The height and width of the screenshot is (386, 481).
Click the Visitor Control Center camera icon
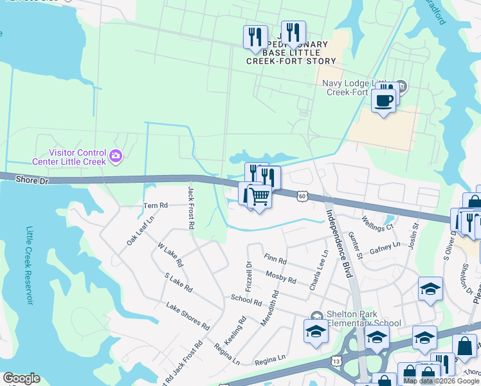click(x=116, y=155)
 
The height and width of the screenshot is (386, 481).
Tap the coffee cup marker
click(x=383, y=101)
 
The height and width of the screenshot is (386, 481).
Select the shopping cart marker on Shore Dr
click(x=259, y=196)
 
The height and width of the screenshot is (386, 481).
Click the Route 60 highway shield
click(x=302, y=194)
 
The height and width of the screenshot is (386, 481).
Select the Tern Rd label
click(x=155, y=206)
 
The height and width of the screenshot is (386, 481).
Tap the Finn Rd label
click(x=275, y=259)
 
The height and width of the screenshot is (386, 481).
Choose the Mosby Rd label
click(x=280, y=277)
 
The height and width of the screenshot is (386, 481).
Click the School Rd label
click(x=246, y=300)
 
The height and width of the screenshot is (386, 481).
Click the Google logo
click(x=21, y=378)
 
